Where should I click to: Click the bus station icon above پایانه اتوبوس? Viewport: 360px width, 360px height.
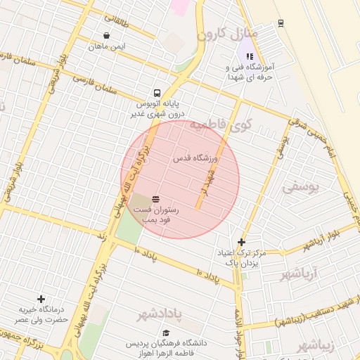(x=156, y=93)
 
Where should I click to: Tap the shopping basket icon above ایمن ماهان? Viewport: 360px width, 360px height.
(x=106, y=35)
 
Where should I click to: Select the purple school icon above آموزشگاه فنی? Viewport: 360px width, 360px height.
(x=249, y=56)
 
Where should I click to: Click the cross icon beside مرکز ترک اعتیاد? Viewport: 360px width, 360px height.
(x=241, y=242)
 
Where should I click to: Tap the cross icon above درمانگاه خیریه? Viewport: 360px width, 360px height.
(x=41, y=299)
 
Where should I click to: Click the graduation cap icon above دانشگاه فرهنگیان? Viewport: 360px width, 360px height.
(x=166, y=333)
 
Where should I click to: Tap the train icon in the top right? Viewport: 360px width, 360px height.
(x=281, y=22)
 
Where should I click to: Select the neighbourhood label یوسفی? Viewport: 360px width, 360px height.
(x=301, y=187)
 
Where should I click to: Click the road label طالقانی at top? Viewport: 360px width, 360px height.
(x=117, y=21)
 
